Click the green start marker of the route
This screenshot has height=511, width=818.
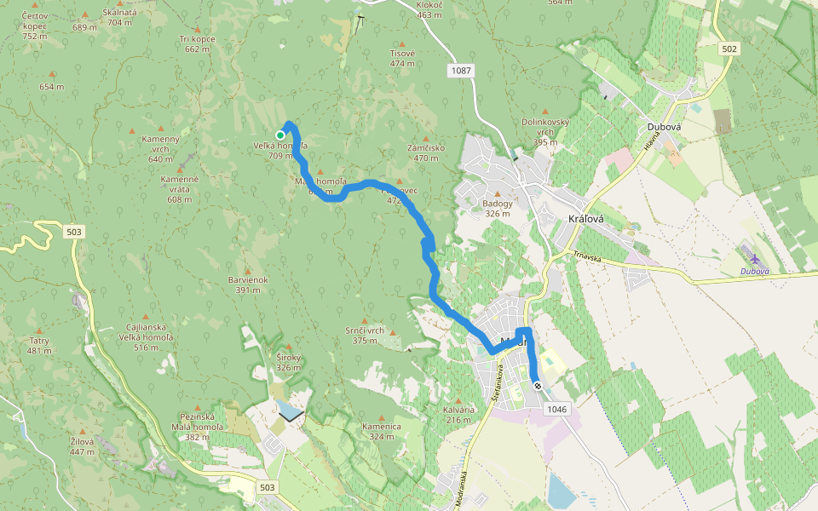click(x=280, y=135)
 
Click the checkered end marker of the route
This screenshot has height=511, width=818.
click(x=537, y=386)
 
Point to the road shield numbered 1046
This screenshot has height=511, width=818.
click(x=556, y=410)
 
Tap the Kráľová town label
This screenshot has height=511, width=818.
click(x=585, y=219)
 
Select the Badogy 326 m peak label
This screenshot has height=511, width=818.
click(x=498, y=208)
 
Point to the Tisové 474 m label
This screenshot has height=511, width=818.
click(x=402, y=57)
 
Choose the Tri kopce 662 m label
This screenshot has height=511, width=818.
click(x=197, y=44)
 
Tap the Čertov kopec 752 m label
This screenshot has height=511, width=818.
click(x=34, y=26)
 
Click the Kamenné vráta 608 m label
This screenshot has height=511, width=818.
click(x=180, y=189)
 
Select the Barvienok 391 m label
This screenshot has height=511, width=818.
click(x=248, y=284)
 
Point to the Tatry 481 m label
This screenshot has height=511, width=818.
click(x=39, y=345)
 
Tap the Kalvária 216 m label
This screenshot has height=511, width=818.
click(x=458, y=414)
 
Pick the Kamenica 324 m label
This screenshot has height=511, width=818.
click(x=381, y=430)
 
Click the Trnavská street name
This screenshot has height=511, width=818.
click(x=588, y=255)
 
